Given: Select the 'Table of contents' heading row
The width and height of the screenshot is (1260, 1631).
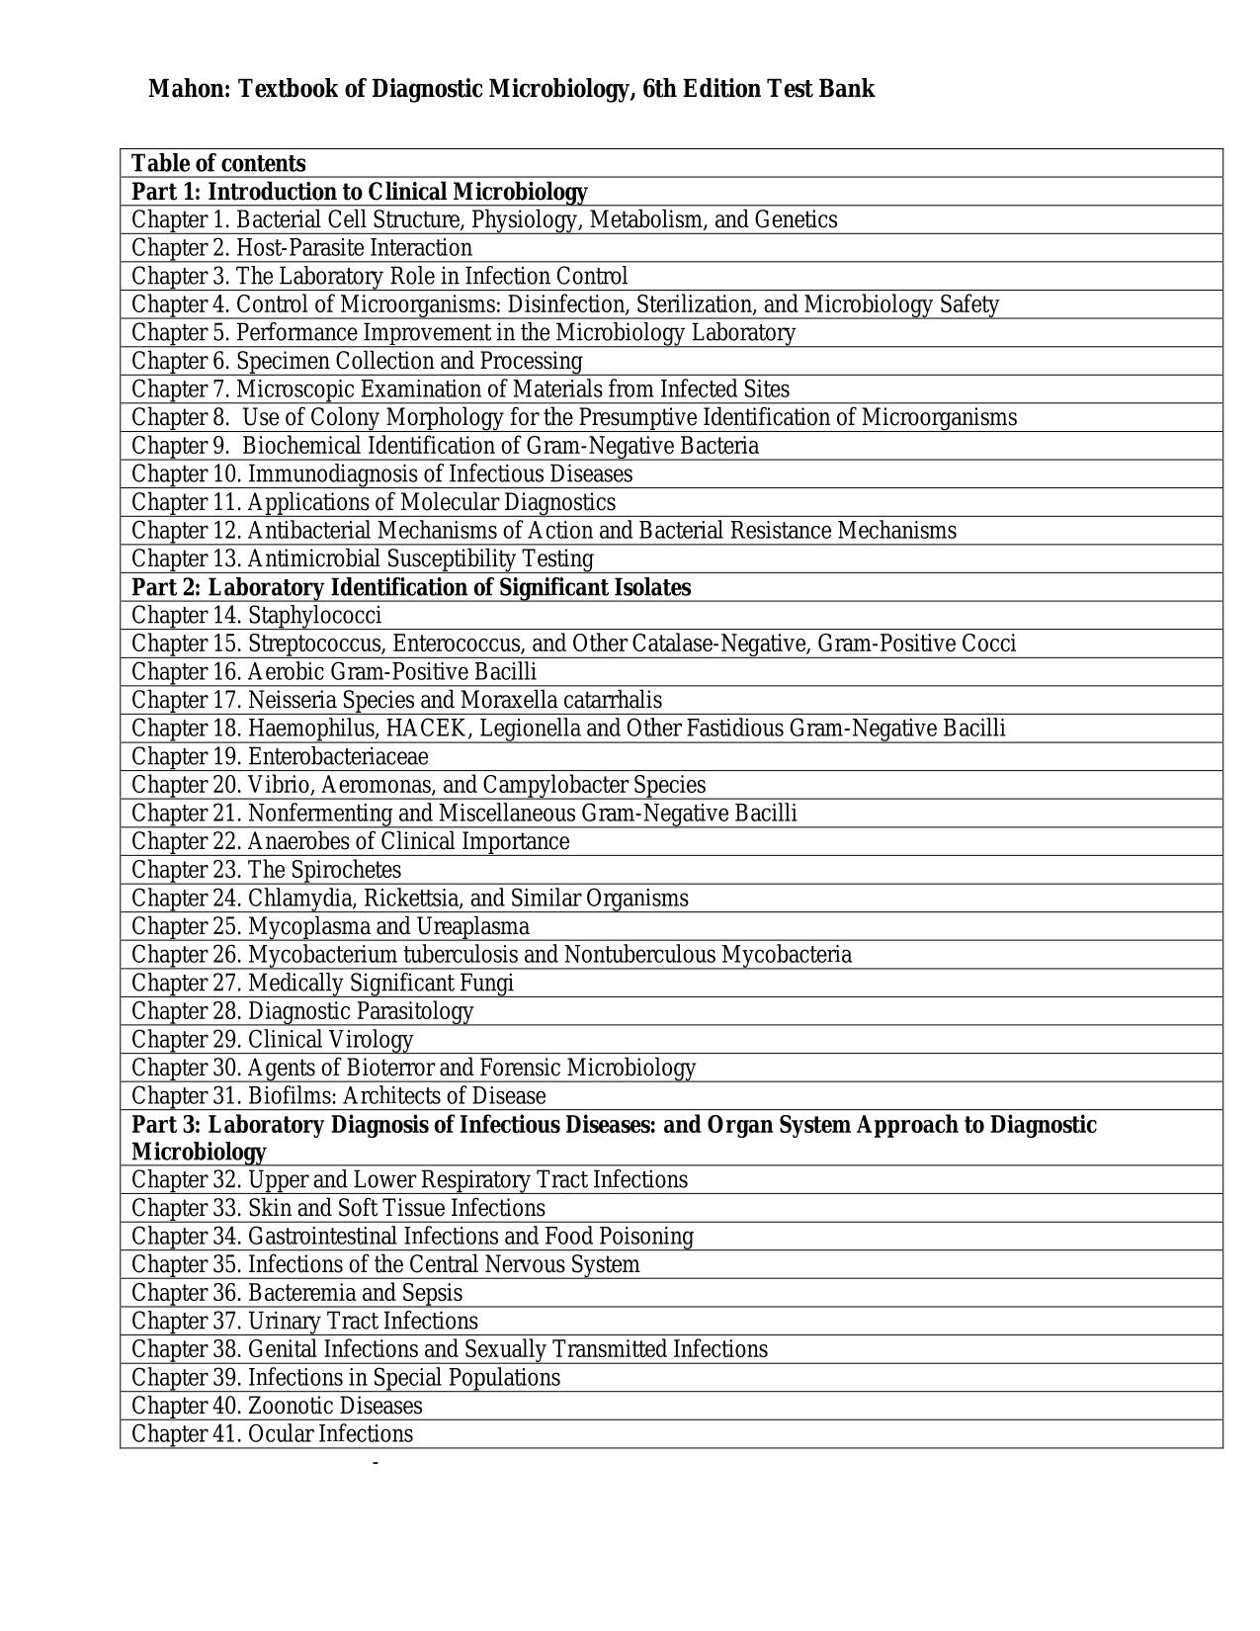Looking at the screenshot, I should pos(218,163).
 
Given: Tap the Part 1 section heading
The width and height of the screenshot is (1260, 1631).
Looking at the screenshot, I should pos(359,192).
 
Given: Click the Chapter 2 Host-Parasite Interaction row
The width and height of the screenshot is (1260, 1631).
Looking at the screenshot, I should pos(301,248).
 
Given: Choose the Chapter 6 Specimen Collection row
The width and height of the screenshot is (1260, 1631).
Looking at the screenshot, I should pos(357,361).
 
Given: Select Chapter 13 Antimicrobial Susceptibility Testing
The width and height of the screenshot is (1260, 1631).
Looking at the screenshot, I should pos(362,559).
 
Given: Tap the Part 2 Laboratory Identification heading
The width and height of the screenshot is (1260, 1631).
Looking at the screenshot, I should pos(411,588).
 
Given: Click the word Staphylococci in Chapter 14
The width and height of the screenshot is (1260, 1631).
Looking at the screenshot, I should pos(314,616).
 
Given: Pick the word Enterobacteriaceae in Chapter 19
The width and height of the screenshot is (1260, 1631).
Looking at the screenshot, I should pos(338,757).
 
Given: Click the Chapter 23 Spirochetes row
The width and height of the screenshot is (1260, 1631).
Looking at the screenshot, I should pos(266,871).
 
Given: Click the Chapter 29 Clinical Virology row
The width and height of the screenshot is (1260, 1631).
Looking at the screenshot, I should pos(272,1040).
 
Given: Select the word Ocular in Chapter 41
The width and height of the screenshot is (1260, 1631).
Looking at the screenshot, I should pos(281,1434).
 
